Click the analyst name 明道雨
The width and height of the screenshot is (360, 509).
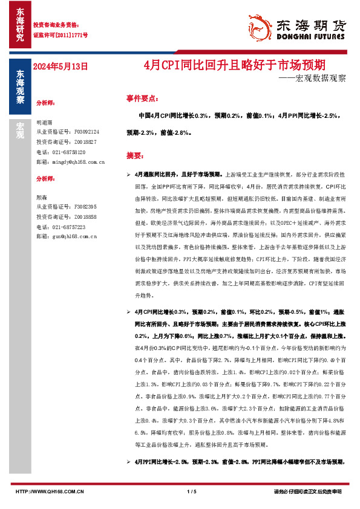tap(45, 122)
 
